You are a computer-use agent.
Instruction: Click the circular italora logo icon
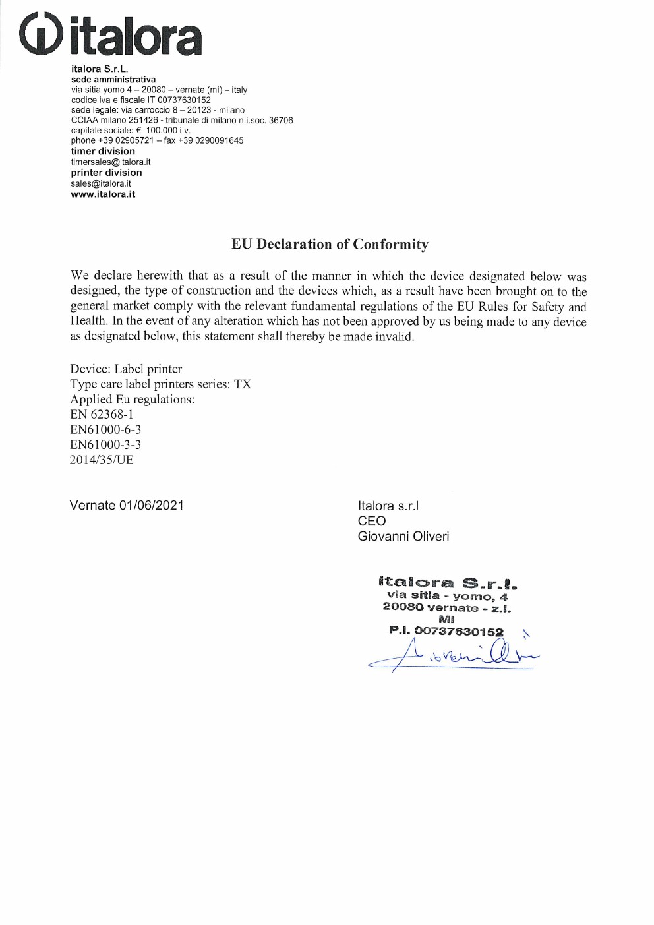coord(41,34)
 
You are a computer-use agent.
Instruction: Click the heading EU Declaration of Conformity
coord(330,244)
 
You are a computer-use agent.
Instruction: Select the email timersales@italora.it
coord(111,162)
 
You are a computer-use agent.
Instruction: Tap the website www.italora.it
coord(103,194)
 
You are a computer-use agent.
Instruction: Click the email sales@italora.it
coord(101,183)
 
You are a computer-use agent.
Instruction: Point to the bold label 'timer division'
coord(103,151)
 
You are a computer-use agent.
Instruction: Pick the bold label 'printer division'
coord(106,173)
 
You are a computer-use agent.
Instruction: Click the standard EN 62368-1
coord(102,414)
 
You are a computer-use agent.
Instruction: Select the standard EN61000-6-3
coord(105,429)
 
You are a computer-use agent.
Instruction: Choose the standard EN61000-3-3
coord(105,444)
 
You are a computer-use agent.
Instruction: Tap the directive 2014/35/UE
coord(102,460)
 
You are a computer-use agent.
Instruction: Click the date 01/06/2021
coord(151,505)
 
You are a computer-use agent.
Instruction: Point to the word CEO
coord(372,521)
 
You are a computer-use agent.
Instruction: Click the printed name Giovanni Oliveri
coord(403,536)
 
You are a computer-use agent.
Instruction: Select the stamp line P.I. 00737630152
coord(446,631)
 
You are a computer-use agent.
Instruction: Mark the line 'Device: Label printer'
coord(126,369)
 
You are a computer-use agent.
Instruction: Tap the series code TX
coord(243,384)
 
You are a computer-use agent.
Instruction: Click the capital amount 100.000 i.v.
coord(167,131)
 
